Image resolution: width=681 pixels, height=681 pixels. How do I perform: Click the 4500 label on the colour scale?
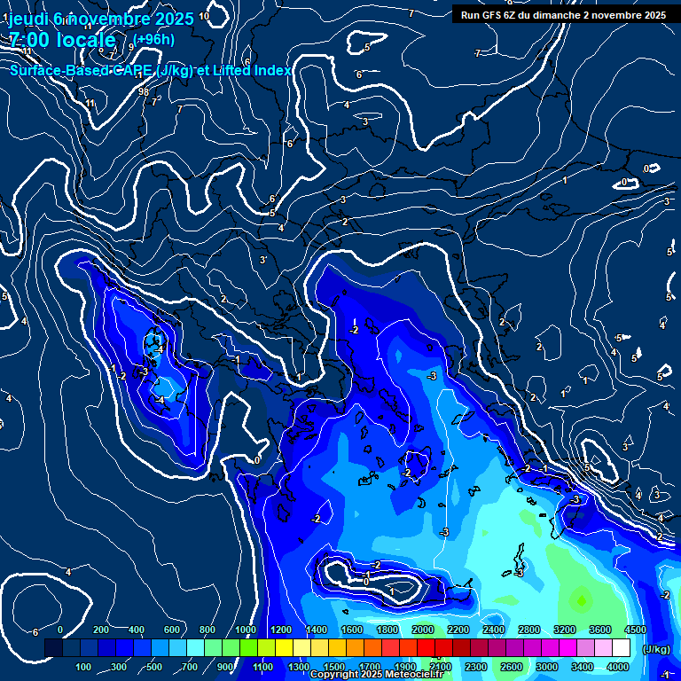(x=635, y=630)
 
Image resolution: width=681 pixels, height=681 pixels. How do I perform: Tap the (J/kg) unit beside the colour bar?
(x=656, y=649)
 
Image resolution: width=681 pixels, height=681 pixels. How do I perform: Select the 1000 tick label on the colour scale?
(x=246, y=630)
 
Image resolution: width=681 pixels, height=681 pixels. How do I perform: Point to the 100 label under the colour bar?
(x=84, y=667)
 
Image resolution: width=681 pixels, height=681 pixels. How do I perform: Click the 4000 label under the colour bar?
(x=618, y=667)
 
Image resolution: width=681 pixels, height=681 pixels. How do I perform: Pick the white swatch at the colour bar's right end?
(x=621, y=649)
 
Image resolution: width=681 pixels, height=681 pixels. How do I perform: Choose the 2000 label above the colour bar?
(x=423, y=630)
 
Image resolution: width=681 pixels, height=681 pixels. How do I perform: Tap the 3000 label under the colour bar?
(x=547, y=667)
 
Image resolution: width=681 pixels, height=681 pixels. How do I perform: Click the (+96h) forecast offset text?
(x=154, y=39)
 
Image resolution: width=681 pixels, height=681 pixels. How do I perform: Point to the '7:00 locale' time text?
(x=62, y=40)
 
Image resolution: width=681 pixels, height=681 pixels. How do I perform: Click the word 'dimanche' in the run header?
(x=568, y=14)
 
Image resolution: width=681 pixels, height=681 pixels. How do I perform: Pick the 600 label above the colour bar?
(x=173, y=630)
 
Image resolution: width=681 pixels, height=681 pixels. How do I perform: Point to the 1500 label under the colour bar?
(x=334, y=667)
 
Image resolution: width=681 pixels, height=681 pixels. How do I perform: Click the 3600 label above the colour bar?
(x=600, y=630)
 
